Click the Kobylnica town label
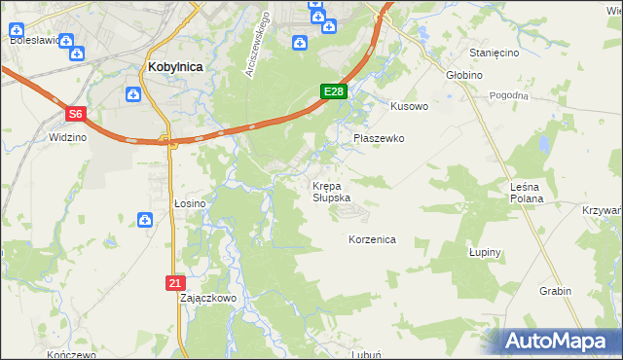click(176, 66)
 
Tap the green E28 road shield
click(333, 91)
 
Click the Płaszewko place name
click(378, 138)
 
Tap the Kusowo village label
click(409, 106)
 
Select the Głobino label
click(465, 74)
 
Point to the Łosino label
click(190, 203)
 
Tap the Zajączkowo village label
click(208, 298)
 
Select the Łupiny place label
click(484, 252)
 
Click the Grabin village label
click(555, 291)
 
